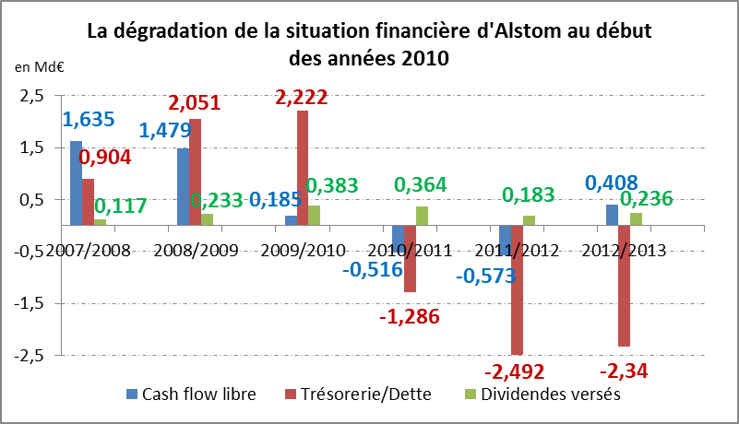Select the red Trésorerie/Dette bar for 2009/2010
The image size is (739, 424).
coord(303,167)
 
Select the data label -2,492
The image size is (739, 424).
coord(514,371)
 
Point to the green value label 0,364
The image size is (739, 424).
coord(421,184)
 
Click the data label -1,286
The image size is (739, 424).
coord(409,317)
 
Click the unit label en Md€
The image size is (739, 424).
coord(33,67)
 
